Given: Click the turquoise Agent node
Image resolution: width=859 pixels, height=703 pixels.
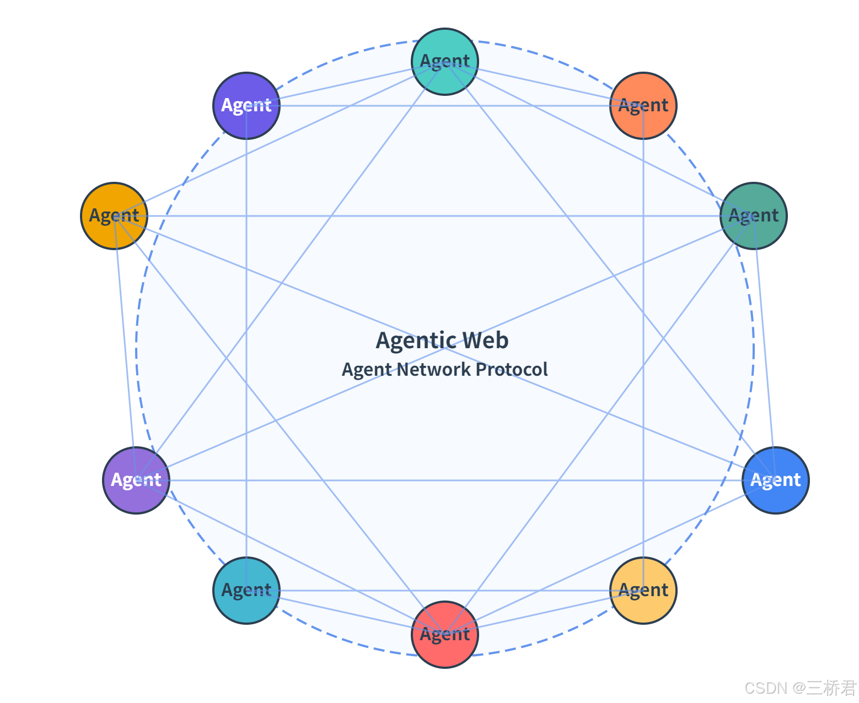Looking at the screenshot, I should point(445,61).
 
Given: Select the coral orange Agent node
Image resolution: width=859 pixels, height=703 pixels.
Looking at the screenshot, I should point(643,105).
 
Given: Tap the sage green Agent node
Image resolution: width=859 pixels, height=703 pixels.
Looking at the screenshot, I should point(753,215).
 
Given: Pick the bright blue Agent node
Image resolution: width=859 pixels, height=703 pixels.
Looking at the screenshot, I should point(775,480).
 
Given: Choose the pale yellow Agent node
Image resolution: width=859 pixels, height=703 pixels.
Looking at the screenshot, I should point(643,590).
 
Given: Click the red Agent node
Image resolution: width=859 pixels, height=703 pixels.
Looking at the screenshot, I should point(445,634).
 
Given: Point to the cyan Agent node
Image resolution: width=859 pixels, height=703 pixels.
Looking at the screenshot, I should point(246,590).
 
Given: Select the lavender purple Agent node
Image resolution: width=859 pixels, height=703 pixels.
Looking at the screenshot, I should point(136,480).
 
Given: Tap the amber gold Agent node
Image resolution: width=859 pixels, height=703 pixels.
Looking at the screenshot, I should point(114,215).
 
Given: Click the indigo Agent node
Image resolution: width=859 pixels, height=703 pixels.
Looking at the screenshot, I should point(246,105).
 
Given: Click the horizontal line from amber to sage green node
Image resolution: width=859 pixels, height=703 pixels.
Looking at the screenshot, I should point(386,215).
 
